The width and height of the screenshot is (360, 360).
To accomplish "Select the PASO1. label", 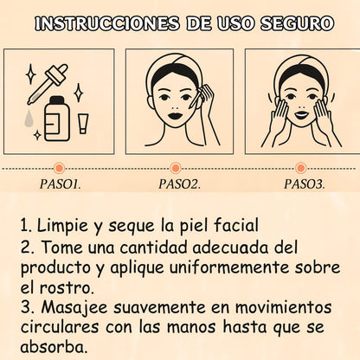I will [60, 183].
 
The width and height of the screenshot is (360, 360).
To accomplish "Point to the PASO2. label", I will [180, 183].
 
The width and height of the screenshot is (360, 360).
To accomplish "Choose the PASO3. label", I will [305, 183].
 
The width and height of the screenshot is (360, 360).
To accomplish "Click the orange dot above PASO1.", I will [59, 167].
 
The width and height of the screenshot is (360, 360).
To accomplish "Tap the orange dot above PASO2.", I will [180, 167].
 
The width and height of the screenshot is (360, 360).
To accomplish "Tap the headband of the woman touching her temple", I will [180, 64].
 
